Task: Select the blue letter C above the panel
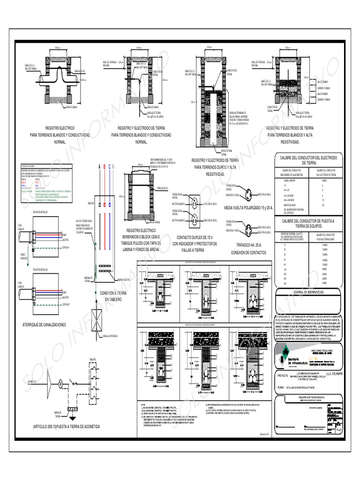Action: [x=109, y=167]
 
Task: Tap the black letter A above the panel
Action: [x=99, y=167]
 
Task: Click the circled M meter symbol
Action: [x=60, y=382]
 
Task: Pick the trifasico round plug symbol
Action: [x=247, y=230]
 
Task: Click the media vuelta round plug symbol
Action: [x=247, y=192]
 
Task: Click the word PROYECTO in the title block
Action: [x=285, y=375]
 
